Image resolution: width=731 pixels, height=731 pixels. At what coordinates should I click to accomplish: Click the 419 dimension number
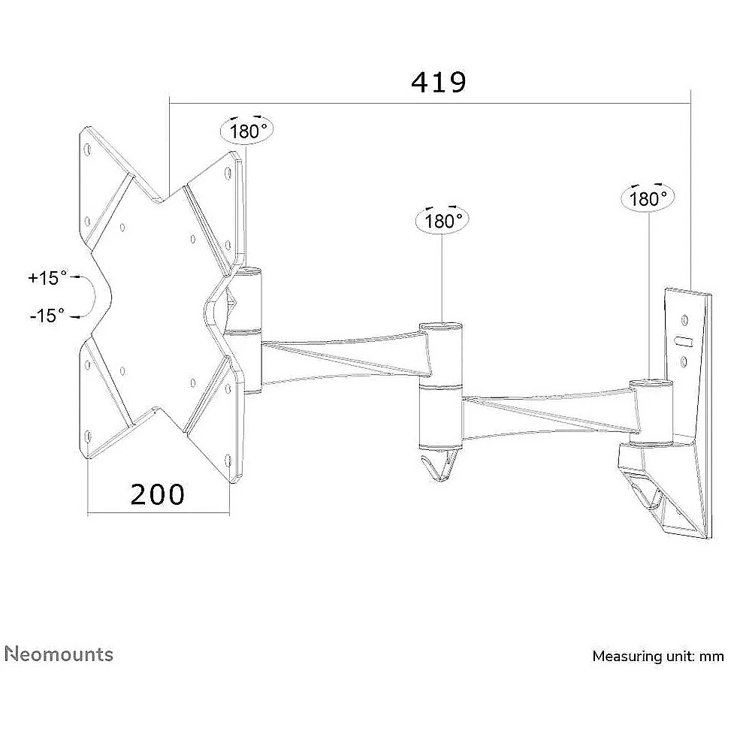point(438,83)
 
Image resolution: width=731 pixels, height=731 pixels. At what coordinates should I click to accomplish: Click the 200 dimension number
point(157,494)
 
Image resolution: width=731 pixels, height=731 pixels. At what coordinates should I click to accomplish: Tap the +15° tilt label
point(47,278)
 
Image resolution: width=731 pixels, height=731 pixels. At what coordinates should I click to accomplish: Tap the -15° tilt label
point(47,316)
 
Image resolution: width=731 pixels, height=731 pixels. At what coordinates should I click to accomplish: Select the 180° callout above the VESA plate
point(246,131)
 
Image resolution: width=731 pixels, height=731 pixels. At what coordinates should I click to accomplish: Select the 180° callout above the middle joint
point(442,220)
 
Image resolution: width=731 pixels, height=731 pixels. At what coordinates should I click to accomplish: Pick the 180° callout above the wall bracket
point(648,198)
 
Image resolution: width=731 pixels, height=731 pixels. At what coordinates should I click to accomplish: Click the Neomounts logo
point(59,654)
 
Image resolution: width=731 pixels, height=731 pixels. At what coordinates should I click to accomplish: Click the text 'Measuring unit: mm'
point(658,657)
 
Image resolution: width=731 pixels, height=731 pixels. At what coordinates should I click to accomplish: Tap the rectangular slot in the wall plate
point(684,341)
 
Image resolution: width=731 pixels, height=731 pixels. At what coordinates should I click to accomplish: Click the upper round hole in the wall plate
point(684,320)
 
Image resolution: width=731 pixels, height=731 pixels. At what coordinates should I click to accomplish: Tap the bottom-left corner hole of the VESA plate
point(88,436)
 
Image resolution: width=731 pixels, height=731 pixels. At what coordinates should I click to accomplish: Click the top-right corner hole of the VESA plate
point(228,173)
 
